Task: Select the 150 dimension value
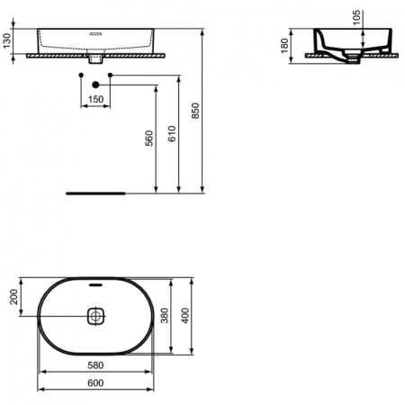pos(94,98)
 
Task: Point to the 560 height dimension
pos(150,136)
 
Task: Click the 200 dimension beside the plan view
pos(13,298)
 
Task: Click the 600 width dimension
pos(94,382)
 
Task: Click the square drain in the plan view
pos(95,317)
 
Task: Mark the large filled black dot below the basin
pos(94,85)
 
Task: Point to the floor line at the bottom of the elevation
pos(97,192)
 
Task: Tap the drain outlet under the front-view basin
pos(94,61)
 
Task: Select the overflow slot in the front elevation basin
pos(94,31)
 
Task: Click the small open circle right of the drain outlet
pos(110,73)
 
